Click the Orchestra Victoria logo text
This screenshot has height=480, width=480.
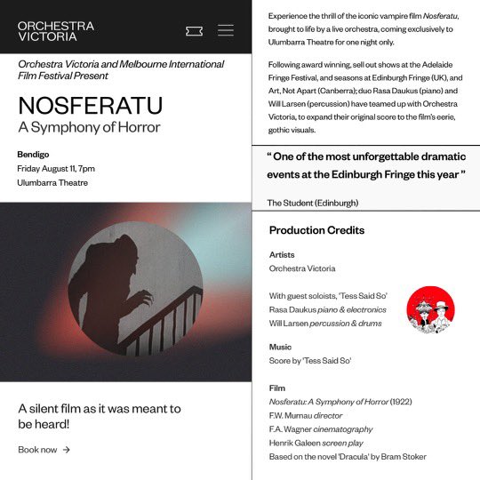point(55,31)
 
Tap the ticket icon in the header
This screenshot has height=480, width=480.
point(194,31)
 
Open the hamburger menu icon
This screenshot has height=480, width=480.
point(226,30)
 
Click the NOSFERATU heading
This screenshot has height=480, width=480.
point(90,105)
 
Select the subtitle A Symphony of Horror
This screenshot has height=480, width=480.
point(89,127)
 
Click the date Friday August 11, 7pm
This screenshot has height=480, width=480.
point(56,169)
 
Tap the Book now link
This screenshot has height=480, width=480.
point(37,450)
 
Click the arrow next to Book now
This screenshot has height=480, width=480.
point(67,450)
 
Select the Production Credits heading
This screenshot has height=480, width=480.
point(316,230)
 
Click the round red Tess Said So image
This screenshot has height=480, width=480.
point(430,309)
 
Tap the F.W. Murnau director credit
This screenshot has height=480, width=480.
point(306,415)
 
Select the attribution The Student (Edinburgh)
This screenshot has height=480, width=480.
point(312,203)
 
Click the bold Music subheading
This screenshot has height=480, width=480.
point(280,347)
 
